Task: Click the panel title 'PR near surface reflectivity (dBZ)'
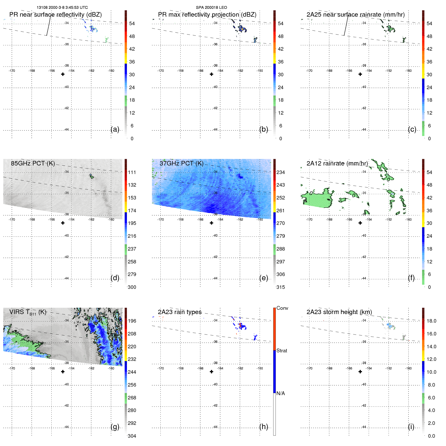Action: (55, 15)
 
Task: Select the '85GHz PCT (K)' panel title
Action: (33, 163)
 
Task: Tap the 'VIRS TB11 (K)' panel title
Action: (28, 312)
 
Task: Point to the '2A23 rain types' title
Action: (180, 312)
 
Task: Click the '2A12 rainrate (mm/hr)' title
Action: (337, 163)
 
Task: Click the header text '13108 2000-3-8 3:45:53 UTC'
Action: (62, 8)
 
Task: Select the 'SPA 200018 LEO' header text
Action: (211, 8)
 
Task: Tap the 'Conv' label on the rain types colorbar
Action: (282, 308)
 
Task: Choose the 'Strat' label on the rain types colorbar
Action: (282, 351)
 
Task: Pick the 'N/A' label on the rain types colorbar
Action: (281, 393)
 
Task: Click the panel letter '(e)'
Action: (263, 278)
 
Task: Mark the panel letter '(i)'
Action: (411, 427)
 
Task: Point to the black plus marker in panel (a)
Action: (63, 74)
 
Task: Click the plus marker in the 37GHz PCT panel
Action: (212, 223)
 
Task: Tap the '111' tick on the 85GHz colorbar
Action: (132, 172)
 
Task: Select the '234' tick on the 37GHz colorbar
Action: (281, 172)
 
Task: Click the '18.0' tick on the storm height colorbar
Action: (431, 321)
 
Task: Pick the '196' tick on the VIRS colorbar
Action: (132, 321)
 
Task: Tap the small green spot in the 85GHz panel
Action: (92, 177)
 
